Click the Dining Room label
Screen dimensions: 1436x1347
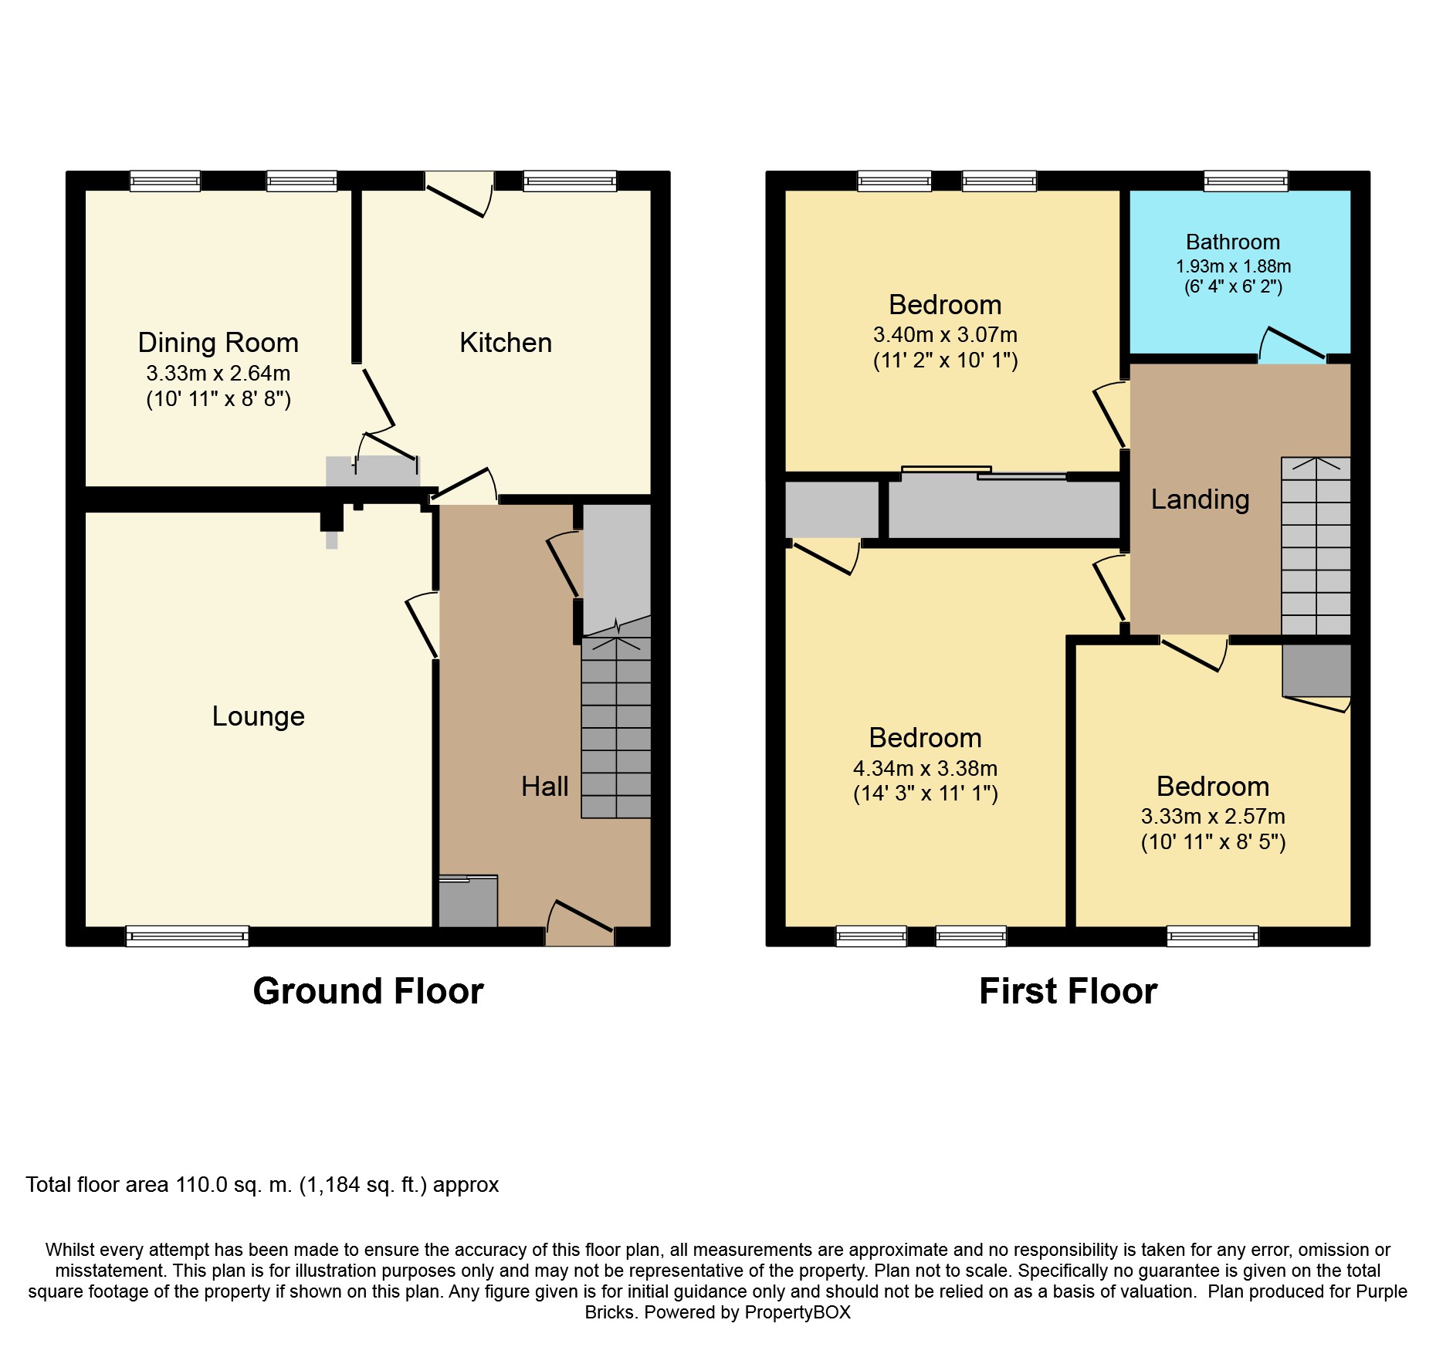click(218, 343)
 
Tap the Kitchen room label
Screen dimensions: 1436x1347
click(506, 343)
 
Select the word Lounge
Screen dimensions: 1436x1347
click(259, 717)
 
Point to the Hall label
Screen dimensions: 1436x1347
click(544, 787)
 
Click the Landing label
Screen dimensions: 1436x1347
click(1200, 500)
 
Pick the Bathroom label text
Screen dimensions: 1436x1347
click(1233, 242)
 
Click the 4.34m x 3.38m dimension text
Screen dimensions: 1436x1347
click(925, 769)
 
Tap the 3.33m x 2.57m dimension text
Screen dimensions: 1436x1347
click(1213, 817)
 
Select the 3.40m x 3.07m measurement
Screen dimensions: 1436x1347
click(945, 335)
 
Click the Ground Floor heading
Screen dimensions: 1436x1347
click(368, 991)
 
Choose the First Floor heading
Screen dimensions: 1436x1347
click(1068, 991)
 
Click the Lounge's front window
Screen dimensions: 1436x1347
click(188, 936)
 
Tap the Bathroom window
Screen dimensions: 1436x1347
click(1246, 181)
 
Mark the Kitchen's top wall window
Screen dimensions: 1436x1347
click(570, 181)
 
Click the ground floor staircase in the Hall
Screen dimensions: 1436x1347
click(616, 726)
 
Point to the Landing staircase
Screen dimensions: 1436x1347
click(1316, 546)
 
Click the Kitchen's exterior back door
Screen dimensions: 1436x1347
click(459, 194)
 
